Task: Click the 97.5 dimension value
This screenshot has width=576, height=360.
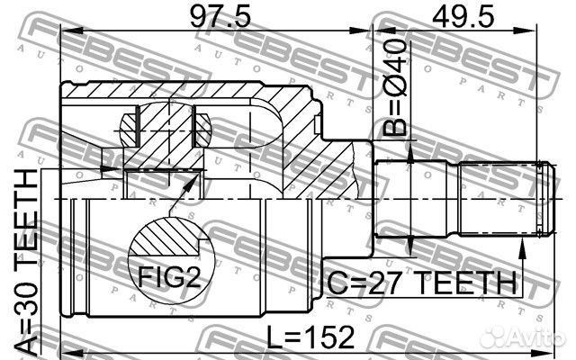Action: (220, 16)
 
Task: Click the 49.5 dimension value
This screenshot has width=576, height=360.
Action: (463, 16)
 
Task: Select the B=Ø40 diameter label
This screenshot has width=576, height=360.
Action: (395, 88)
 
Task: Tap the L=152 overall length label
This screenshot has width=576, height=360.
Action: (310, 337)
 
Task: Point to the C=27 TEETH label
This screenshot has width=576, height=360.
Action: (421, 283)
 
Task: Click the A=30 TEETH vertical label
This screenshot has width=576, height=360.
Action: (26, 263)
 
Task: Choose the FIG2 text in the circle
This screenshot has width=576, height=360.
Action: (169, 276)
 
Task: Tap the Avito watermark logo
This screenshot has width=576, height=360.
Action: (523, 337)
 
